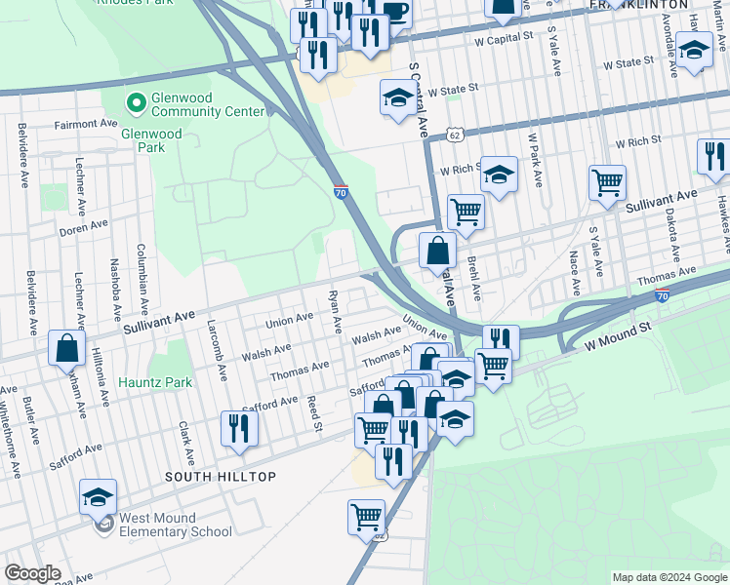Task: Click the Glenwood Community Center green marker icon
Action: (x=136, y=101)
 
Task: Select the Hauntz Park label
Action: (x=156, y=383)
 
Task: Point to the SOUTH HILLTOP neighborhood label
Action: (x=221, y=476)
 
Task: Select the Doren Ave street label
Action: (x=83, y=227)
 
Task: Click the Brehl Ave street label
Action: (x=475, y=279)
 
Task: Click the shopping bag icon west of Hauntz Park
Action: (x=67, y=349)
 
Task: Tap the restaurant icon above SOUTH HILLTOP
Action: (x=239, y=428)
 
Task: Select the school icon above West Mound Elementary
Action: (x=98, y=496)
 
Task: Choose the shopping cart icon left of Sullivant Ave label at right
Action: (x=607, y=181)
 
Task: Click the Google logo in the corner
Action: (x=32, y=573)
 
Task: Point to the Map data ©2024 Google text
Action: (x=669, y=577)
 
